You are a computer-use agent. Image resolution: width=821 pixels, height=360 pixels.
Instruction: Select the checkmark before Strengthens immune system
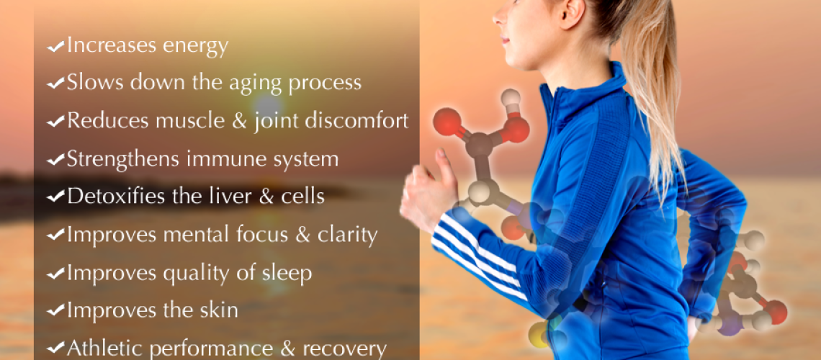point(56,160)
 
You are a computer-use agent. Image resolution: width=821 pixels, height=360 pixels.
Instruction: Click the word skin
point(217,310)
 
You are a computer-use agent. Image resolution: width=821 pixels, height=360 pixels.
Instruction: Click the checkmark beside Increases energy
point(56,47)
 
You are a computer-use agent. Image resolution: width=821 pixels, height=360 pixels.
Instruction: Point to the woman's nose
point(497,16)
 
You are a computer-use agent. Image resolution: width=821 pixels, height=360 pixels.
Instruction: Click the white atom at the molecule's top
point(510,98)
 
